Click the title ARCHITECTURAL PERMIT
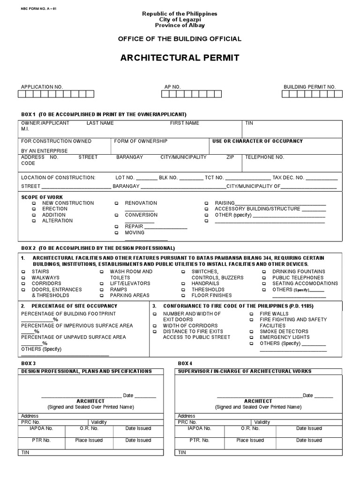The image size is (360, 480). click(x=180, y=58)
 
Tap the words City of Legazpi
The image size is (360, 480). click(x=180, y=19)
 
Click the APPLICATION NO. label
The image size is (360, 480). click(x=42, y=87)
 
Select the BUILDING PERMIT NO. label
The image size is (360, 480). click(x=309, y=87)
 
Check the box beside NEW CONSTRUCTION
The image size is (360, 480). click(x=33, y=203)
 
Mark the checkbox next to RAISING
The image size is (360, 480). click(x=206, y=203)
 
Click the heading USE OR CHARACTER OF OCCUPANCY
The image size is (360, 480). click(x=257, y=141)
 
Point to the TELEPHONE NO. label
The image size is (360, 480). click(x=264, y=157)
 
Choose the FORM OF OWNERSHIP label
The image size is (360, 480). click(x=141, y=141)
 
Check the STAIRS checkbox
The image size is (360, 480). click(x=23, y=272)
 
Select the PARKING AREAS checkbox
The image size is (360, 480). click(x=102, y=296)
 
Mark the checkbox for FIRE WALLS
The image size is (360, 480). click(x=251, y=314)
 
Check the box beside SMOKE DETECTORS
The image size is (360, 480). click(x=251, y=331)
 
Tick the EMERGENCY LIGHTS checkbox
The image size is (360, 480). click(x=251, y=337)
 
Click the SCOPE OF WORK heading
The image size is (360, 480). click(x=42, y=197)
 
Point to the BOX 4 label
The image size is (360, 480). click(x=185, y=363)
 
